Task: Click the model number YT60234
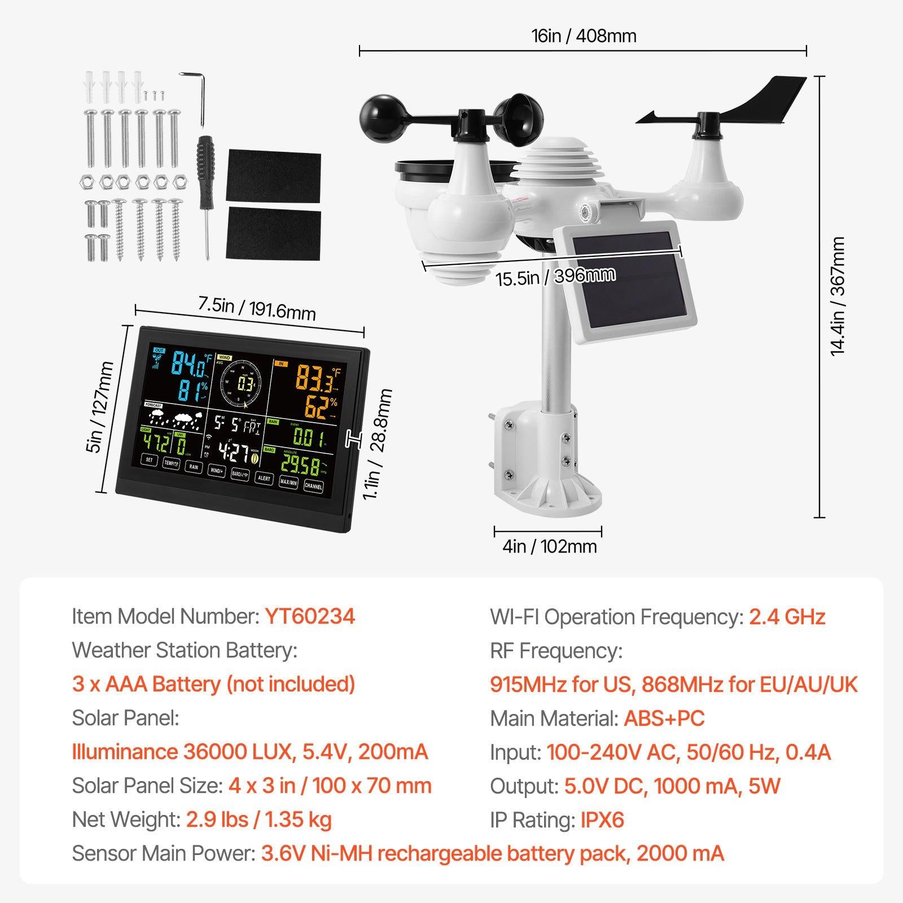point(309,616)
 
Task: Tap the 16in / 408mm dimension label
point(583,36)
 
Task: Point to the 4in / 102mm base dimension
point(549,546)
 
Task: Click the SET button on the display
point(150,460)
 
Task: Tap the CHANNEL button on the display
point(313,485)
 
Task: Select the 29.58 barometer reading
point(300,465)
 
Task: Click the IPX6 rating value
point(602,819)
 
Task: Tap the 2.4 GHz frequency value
point(787,616)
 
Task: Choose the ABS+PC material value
point(664,718)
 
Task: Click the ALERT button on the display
point(264,478)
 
